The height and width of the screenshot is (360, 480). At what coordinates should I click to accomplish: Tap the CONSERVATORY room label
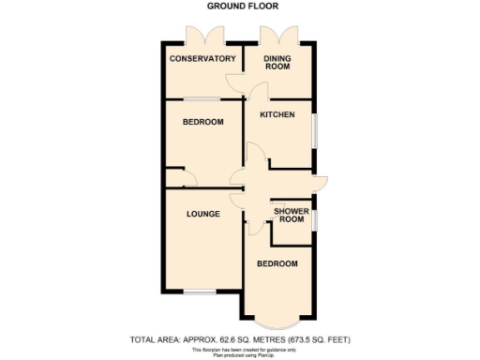tap(202, 59)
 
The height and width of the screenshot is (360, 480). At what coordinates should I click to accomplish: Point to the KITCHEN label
tap(277, 115)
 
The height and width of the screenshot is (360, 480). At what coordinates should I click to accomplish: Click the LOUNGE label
tap(202, 214)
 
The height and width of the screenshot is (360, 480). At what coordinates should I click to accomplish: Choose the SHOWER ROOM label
tap(292, 215)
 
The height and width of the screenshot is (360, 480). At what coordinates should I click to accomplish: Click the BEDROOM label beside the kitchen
tap(202, 123)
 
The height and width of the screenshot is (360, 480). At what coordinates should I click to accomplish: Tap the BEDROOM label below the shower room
tap(277, 263)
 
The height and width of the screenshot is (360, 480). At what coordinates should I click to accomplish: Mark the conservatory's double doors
tap(203, 37)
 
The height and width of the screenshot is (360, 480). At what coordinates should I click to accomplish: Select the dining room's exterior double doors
tap(279, 37)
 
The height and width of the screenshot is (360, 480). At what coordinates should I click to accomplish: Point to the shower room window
tap(314, 218)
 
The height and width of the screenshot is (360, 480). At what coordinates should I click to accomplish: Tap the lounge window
tap(198, 293)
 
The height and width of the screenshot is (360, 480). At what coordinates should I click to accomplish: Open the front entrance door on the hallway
tap(320, 183)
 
